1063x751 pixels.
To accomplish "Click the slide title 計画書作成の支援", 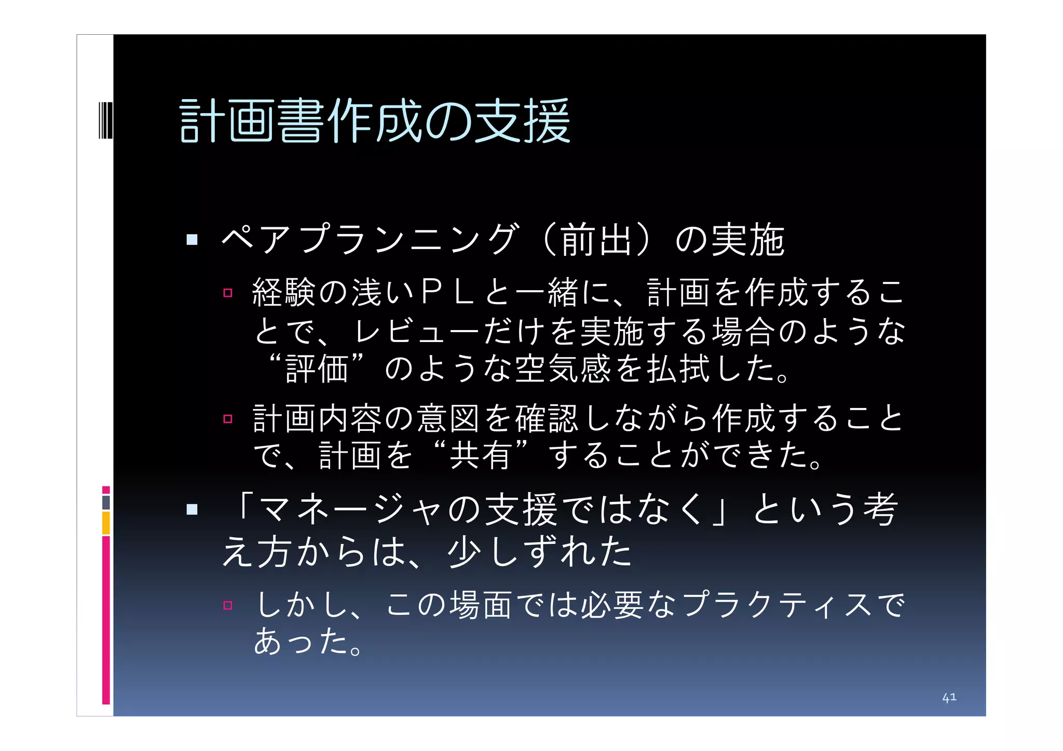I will click(x=375, y=121).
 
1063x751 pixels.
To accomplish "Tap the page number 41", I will click(x=949, y=697).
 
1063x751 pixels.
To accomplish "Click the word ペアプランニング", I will click(x=370, y=239).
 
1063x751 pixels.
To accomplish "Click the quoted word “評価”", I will click(x=317, y=368).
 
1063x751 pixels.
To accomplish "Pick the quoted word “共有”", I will click(x=481, y=455).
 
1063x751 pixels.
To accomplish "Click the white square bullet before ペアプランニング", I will click(x=192, y=240).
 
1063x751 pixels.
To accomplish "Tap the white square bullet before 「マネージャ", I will click(x=192, y=509).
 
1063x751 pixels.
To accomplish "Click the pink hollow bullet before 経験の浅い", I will click(x=227, y=293).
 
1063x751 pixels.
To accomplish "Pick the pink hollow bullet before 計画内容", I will click(x=227, y=418).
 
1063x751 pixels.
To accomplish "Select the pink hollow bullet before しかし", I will click(x=227, y=605).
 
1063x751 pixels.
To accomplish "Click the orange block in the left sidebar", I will click(x=106, y=523).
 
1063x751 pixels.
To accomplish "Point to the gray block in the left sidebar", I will click(x=106, y=502).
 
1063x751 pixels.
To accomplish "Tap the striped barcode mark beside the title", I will click(x=105, y=121).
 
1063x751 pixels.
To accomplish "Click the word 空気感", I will click(x=563, y=368).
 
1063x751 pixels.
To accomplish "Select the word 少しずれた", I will click(x=540, y=552).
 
